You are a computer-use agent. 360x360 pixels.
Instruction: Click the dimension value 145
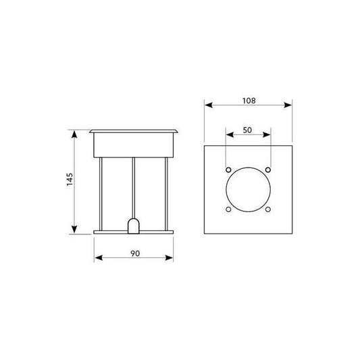pyautogui.click(x=70, y=179)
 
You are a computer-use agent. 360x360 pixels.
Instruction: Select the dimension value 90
pyautogui.click(x=135, y=253)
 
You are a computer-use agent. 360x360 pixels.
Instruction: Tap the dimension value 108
pyautogui.click(x=249, y=101)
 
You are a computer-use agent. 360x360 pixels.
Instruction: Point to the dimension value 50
pyautogui.click(x=247, y=130)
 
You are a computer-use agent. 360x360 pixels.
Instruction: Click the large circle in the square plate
pyautogui.click(x=248, y=168)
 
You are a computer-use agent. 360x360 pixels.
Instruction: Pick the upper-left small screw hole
pyautogui.click(x=228, y=170)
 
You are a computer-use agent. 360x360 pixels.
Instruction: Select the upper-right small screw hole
pyautogui.click(x=268, y=170)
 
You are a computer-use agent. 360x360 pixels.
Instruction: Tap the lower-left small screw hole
pyautogui.click(x=228, y=209)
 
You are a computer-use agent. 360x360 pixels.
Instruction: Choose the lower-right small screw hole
pyautogui.click(x=268, y=209)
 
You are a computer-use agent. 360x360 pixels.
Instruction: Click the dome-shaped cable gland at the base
pyautogui.click(x=134, y=226)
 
